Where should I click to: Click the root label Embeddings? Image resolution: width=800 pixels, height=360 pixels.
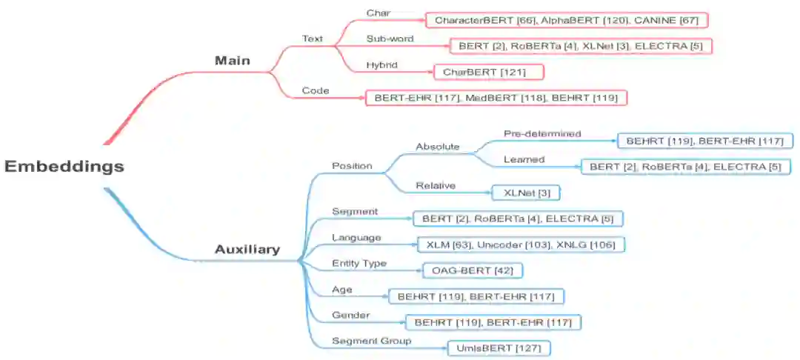[64, 167]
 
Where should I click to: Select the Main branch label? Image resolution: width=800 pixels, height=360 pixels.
[233, 61]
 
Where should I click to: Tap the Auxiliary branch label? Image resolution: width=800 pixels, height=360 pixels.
[247, 250]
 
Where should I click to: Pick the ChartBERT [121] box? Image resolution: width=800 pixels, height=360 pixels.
[489, 72]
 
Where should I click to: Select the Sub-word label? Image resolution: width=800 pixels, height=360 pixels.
[390, 39]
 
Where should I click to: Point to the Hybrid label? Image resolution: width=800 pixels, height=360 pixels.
[381, 65]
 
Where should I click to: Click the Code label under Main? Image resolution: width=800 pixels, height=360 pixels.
[316, 90]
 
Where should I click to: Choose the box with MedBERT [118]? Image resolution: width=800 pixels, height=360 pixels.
[496, 98]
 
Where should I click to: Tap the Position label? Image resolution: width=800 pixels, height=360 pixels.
[352, 165]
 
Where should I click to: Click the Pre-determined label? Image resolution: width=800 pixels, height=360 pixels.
[542, 134]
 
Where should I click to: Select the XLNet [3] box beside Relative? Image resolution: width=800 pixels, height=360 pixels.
[526, 193]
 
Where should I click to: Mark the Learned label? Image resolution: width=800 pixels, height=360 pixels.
[524, 159]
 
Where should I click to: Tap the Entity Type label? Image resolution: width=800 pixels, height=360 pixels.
[359, 264]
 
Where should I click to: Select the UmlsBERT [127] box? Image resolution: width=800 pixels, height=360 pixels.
[499, 347]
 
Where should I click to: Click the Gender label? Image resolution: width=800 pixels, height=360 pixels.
[351, 315]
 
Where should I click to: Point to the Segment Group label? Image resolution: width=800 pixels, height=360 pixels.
[372, 341]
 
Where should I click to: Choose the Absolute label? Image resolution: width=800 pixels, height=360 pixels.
[438, 147]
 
